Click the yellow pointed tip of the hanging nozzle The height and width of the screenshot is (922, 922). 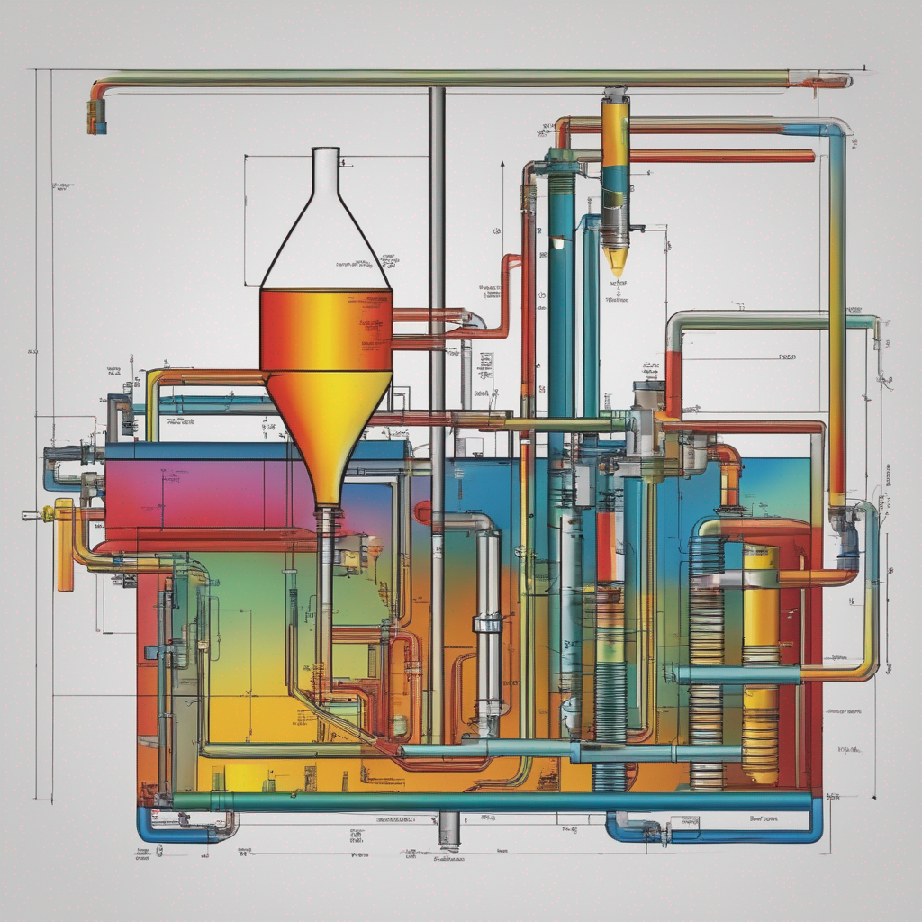[616, 261]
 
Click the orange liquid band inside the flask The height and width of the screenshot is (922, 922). [326, 329]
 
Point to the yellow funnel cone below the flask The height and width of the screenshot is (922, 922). [330, 423]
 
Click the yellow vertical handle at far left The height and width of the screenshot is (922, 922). [65, 549]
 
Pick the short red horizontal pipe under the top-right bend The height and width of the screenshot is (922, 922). [720, 157]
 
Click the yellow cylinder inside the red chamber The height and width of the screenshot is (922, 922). [761, 666]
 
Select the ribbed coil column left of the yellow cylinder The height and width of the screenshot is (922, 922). [706, 666]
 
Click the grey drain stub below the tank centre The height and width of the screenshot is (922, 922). [448, 829]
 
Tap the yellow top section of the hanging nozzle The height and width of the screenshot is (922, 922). [615, 135]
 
